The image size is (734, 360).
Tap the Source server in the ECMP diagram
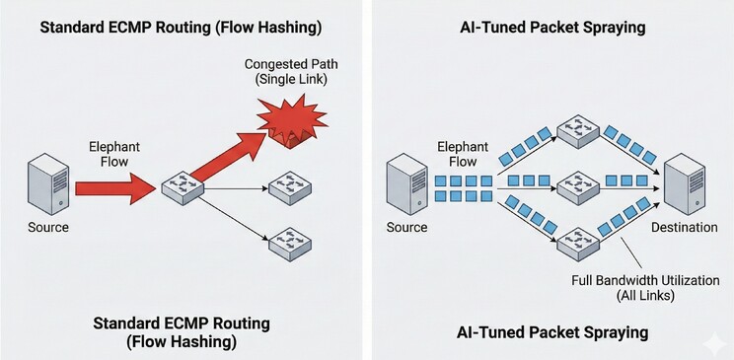(48, 185)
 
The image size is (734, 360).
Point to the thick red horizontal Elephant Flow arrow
(115, 187)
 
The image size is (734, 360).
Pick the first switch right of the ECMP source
(183, 187)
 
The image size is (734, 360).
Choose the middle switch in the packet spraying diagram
(578, 187)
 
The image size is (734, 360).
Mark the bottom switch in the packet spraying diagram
(578, 241)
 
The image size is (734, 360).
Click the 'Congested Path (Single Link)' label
(291, 72)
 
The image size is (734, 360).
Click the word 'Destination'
(685, 228)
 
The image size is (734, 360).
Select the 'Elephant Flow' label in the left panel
(114, 154)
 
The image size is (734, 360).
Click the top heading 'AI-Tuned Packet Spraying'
(552, 28)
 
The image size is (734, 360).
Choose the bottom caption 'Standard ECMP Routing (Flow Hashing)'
(182, 332)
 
